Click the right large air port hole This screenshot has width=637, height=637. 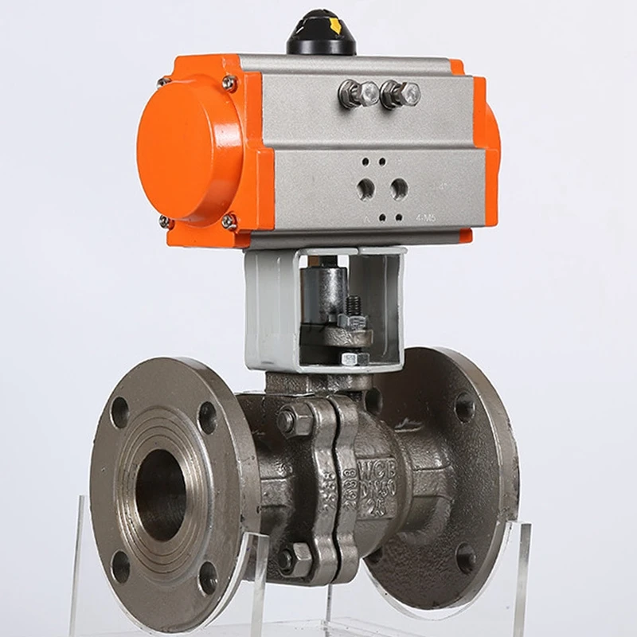click(x=399, y=189)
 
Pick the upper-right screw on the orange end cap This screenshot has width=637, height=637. click(x=229, y=82)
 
